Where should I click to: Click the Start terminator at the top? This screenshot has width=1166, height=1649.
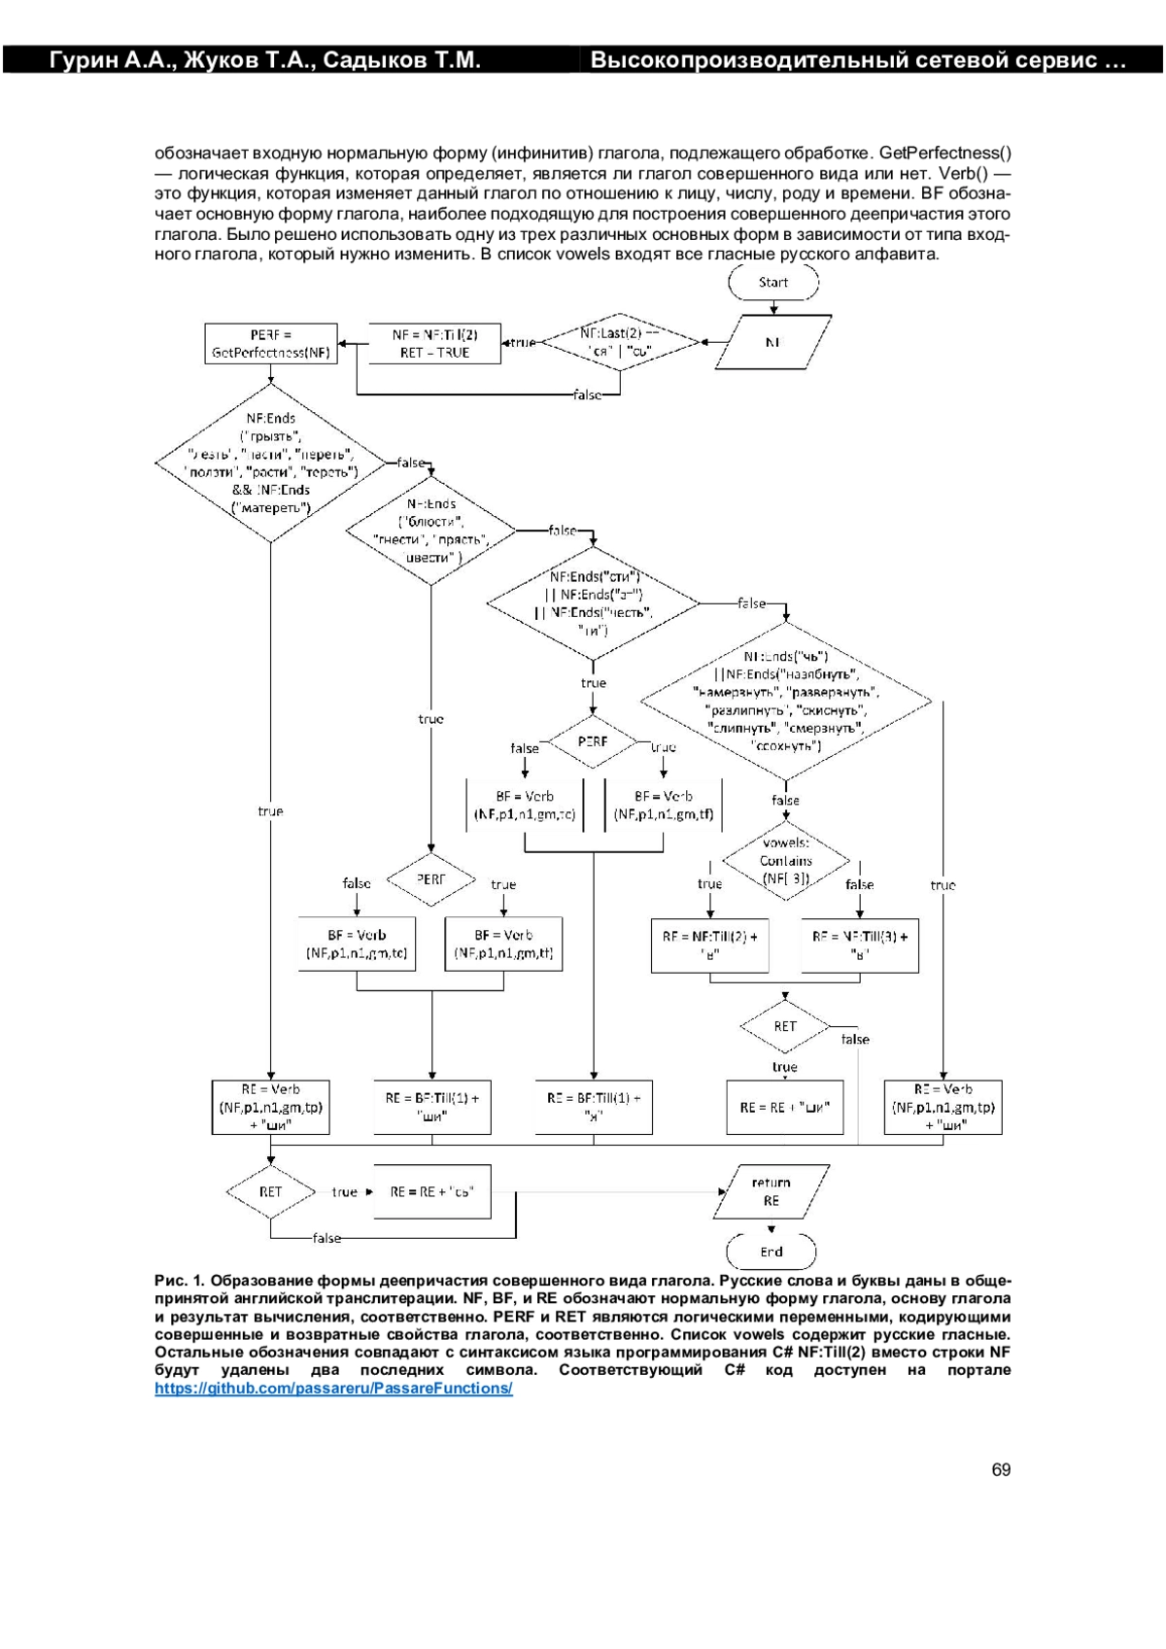tap(773, 283)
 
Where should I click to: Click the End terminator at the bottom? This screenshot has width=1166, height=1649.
tap(772, 1252)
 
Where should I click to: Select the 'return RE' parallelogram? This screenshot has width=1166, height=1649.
tap(772, 1191)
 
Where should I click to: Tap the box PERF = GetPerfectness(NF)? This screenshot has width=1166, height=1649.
tap(271, 344)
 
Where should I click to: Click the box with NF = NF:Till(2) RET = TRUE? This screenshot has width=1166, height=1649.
tap(434, 344)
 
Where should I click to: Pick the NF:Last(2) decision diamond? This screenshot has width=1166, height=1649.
tap(620, 342)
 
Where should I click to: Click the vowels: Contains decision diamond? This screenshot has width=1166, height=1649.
tap(786, 861)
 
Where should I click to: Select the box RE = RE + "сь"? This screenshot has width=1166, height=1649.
tap(431, 1191)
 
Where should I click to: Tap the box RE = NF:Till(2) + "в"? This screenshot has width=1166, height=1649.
tap(709, 945)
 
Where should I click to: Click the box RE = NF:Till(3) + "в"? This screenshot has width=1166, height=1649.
tap(860, 945)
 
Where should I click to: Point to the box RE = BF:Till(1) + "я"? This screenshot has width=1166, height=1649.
tap(594, 1107)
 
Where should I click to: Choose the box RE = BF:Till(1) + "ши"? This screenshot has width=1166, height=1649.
tap(431, 1107)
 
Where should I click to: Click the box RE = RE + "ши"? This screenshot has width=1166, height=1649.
tap(785, 1107)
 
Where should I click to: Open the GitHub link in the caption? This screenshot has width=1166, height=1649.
tap(333, 1389)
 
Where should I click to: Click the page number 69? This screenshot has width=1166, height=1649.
tap(1001, 1469)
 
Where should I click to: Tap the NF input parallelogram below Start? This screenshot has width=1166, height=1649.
tap(773, 342)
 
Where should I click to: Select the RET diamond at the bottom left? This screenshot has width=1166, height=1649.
tap(270, 1191)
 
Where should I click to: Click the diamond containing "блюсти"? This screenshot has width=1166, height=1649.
tap(431, 531)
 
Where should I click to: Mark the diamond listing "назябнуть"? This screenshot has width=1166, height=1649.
tap(786, 701)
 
